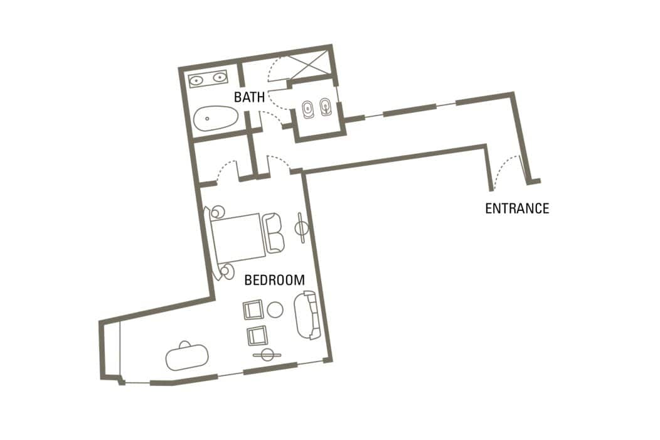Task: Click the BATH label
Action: [x=249, y=97]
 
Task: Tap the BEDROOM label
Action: [x=274, y=280]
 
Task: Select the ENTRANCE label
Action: [x=517, y=208]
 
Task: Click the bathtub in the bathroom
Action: [x=216, y=118]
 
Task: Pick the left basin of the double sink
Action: [x=196, y=79]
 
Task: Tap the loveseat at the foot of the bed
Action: [x=273, y=233]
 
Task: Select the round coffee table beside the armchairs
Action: [x=275, y=309]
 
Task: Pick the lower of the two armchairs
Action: [x=257, y=336]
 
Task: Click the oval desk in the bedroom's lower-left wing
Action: [x=187, y=358]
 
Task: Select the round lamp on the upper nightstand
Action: [x=218, y=212]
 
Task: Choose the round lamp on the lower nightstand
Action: [x=227, y=271]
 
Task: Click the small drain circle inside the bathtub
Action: [x=207, y=119]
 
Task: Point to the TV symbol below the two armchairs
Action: [x=267, y=355]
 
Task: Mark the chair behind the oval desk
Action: [x=184, y=344]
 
